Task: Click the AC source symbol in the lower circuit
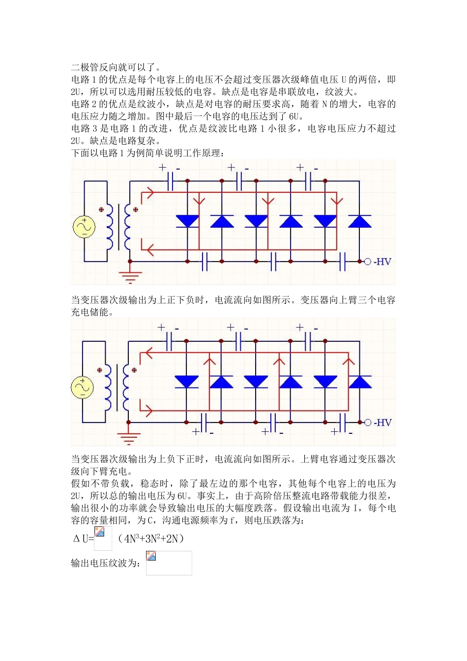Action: point(82,387)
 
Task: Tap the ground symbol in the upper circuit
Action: point(130,276)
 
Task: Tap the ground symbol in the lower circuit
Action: point(128,437)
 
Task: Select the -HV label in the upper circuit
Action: point(382,262)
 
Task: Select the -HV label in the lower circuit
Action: point(382,422)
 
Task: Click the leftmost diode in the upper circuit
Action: point(187,221)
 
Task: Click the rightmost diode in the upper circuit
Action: point(359,221)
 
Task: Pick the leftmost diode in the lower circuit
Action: point(186,382)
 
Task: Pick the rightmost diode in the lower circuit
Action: point(359,382)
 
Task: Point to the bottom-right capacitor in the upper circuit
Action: point(343,262)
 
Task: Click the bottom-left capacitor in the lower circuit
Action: point(204,422)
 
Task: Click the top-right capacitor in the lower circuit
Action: point(308,341)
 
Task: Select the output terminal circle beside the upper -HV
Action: point(367,262)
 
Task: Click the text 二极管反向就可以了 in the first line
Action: point(115,67)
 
